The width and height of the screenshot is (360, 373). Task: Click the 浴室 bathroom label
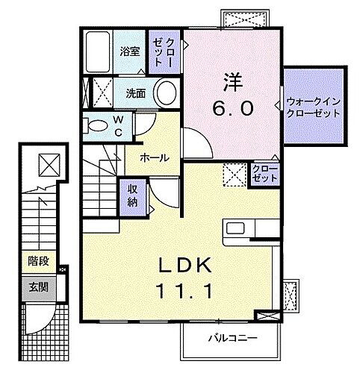[x=131, y=51]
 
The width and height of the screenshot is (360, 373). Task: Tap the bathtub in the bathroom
[x=98, y=53]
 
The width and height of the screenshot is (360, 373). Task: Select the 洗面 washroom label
[x=134, y=94]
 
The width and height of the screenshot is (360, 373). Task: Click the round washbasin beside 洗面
[x=167, y=95]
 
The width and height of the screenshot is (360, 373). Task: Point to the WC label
[x=118, y=125]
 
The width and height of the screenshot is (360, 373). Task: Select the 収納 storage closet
[x=132, y=195]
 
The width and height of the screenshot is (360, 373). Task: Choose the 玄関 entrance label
[x=37, y=286]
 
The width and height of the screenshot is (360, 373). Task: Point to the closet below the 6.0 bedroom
[x=264, y=175]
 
